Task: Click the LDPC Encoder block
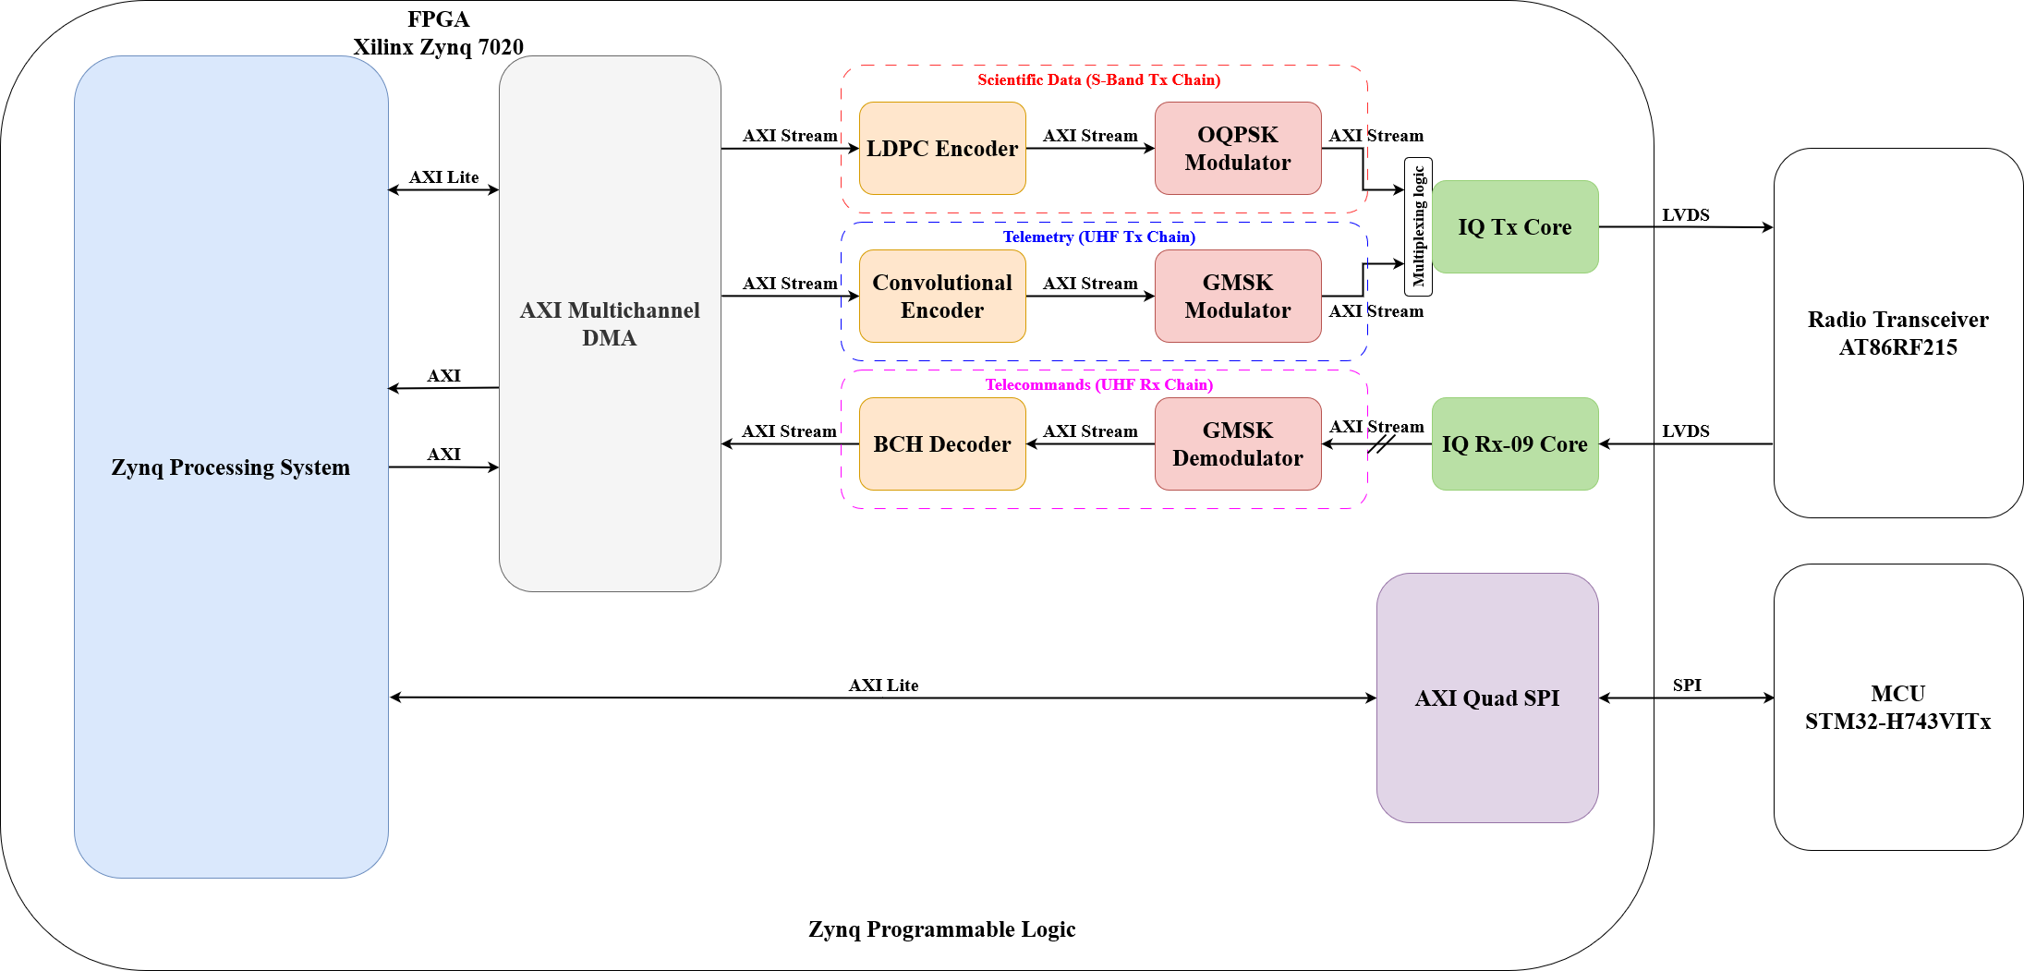point(941,149)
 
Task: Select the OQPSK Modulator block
point(1237,149)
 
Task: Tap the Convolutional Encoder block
point(941,297)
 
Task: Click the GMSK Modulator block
point(1237,297)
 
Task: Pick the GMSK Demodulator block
point(1237,444)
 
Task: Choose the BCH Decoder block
point(941,444)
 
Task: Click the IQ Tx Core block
point(1515,227)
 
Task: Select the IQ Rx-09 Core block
point(1515,444)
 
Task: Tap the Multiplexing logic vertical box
point(1418,227)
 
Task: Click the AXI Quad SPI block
point(1486,698)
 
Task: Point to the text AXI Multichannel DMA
point(610,324)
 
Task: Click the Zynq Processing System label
point(231,467)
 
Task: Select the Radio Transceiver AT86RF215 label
point(1897,334)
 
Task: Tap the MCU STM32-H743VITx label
point(1897,708)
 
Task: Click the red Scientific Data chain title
point(1098,80)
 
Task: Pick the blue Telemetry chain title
point(1098,237)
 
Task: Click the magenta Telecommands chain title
point(1098,385)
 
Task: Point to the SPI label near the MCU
point(1686,686)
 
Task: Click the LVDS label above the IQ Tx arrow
point(1685,215)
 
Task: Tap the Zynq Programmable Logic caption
point(941,929)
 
